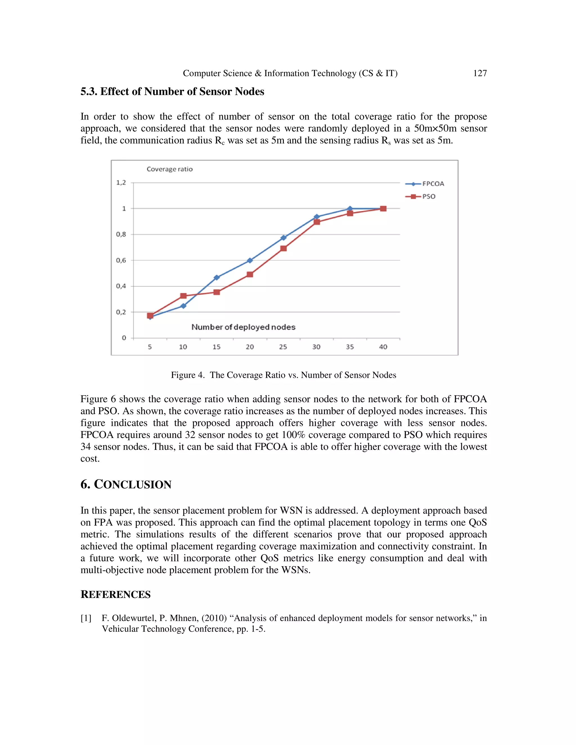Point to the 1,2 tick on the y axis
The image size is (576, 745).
[x=121, y=182]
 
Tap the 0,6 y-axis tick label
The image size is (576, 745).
[x=121, y=260]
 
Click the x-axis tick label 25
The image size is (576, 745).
[x=283, y=347]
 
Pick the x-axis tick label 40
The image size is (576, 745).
[x=383, y=347]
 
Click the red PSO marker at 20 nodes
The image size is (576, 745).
[x=250, y=274]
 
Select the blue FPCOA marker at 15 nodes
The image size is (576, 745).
[x=217, y=277]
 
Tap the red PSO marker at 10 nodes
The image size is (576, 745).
[x=183, y=296]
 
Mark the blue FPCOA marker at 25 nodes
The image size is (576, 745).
[x=283, y=238]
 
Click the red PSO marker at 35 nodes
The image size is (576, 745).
[x=350, y=213]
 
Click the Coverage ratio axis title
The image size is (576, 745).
[x=170, y=169]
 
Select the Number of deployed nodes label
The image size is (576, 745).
[x=243, y=327]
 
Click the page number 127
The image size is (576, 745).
[x=480, y=73]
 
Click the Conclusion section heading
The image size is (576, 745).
[x=126, y=484]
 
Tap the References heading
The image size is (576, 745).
[x=115, y=594]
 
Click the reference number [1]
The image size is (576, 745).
[x=86, y=618]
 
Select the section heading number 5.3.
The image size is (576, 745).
[x=89, y=91]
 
